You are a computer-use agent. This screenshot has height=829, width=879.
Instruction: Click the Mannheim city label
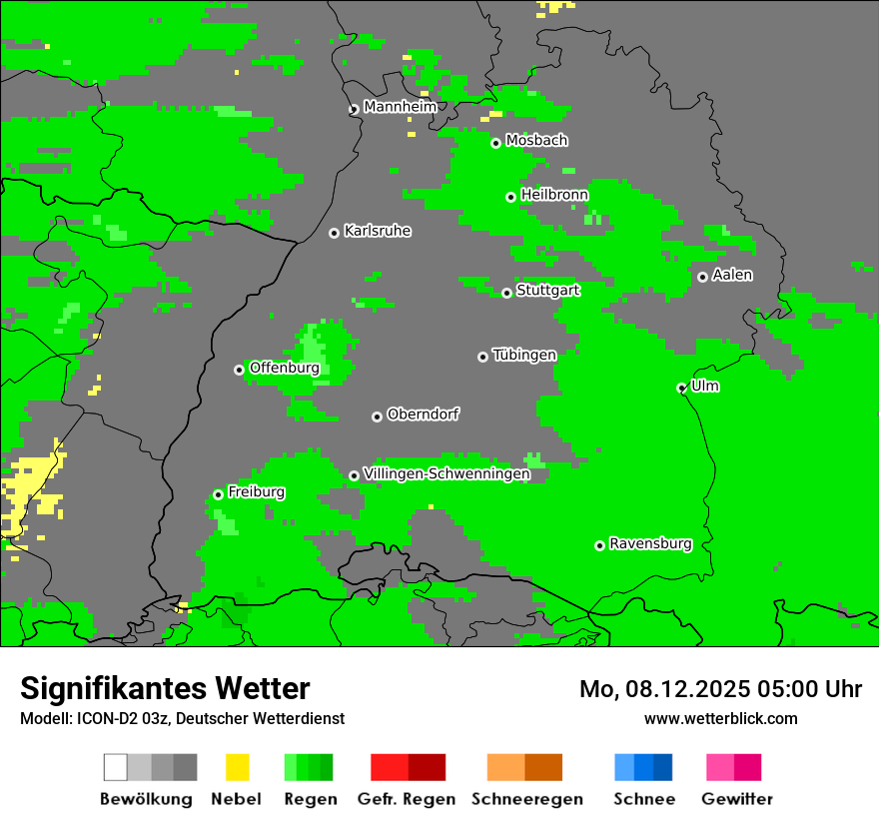tap(400, 107)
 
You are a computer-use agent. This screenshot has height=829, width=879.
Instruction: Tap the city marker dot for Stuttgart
tap(506, 293)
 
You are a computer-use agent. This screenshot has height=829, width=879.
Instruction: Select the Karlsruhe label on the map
tap(377, 231)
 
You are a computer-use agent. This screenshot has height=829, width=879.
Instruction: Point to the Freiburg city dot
tap(218, 494)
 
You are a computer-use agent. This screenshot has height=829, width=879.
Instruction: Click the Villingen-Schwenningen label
tap(446, 474)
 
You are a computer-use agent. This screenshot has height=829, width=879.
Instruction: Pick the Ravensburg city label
tap(650, 544)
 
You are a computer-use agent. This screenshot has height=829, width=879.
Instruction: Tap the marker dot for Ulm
tap(681, 388)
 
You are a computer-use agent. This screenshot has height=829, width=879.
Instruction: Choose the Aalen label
tap(732, 275)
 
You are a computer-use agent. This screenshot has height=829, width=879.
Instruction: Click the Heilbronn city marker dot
tap(510, 197)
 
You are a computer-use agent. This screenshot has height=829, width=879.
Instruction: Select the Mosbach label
tap(536, 141)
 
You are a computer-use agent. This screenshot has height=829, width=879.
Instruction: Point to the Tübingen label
tap(524, 355)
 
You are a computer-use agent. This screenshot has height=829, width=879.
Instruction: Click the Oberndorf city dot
tap(377, 416)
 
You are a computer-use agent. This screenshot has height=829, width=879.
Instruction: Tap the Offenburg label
tap(284, 368)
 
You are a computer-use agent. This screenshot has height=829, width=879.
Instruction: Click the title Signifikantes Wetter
tap(165, 688)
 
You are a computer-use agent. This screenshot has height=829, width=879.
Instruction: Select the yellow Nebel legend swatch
tap(237, 767)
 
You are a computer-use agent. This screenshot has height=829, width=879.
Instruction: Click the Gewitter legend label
tap(736, 799)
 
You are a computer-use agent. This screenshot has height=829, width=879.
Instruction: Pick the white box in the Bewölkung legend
tap(116, 767)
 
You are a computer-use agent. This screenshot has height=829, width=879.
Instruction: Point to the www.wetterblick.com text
tap(720, 718)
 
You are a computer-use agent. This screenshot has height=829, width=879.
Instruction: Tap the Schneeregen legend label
tap(526, 799)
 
